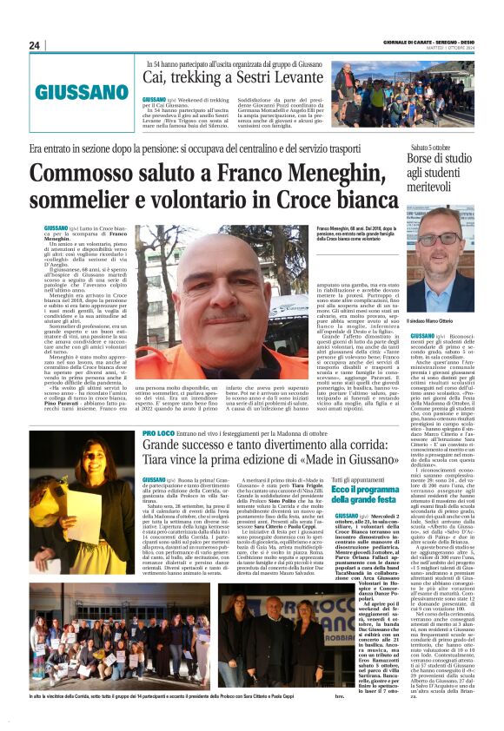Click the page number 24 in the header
(x=35, y=45)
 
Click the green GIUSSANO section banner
(x=81, y=91)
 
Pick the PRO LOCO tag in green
(x=158, y=432)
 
